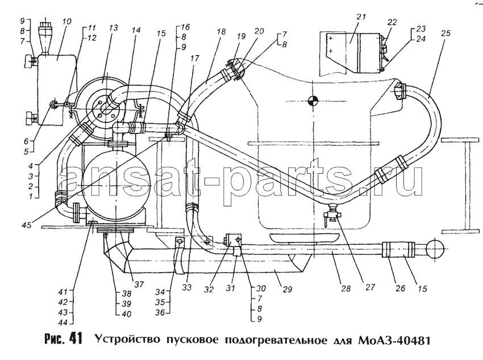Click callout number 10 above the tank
coord(66,22)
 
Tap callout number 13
coord(113,28)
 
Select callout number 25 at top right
coord(446,33)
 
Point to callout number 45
coord(27,225)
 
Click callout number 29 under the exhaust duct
coord(287,289)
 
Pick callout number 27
coord(370,287)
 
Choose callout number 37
coord(139,284)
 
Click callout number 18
coord(221,32)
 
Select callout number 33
coord(187,287)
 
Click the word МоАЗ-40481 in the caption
coord(394,341)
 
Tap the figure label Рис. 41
coord(64,339)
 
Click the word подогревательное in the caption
coord(276,341)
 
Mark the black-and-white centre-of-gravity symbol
coord(313,101)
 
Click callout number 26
coord(401,288)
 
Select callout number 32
coord(209,290)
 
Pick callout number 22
coord(392,22)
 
